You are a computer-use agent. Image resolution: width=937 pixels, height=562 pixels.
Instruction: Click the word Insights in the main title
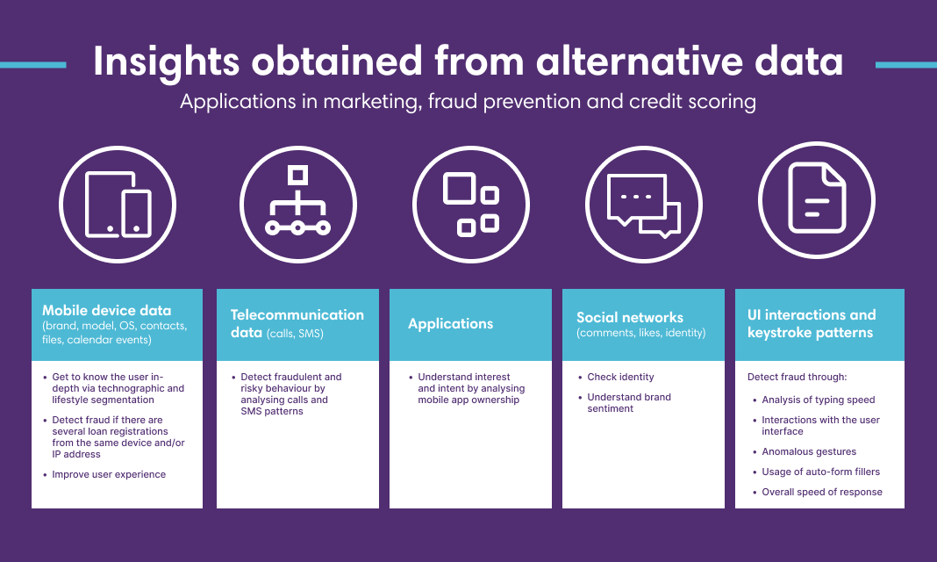[x=166, y=62]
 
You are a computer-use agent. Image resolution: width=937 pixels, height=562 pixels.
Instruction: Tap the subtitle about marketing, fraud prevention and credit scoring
[x=468, y=102]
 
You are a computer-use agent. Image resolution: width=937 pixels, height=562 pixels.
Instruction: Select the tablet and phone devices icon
[x=118, y=205]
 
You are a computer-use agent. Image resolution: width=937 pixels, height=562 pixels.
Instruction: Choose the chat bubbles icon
[x=644, y=205]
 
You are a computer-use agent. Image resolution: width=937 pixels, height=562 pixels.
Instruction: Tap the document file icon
[x=817, y=198]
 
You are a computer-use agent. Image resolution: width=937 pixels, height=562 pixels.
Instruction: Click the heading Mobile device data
[x=106, y=310]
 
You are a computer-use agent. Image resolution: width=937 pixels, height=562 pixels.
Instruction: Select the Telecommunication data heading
[x=297, y=323]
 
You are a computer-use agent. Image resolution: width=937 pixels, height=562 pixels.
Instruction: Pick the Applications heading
[x=451, y=324]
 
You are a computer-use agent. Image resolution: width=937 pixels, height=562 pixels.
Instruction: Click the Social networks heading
[x=630, y=318]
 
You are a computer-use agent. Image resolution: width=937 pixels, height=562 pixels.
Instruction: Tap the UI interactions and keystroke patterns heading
[x=812, y=323]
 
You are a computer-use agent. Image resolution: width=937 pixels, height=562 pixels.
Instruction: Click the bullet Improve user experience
[x=109, y=474]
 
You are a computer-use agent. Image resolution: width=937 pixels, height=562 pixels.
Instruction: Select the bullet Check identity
[x=620, y=377]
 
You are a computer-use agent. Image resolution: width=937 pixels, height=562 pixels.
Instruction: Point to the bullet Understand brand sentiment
[x=629, y=402]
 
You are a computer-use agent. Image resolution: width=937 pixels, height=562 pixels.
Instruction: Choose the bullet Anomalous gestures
[x=809, y=451]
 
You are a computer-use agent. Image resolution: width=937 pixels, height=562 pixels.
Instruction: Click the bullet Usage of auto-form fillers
[x=820, y=472]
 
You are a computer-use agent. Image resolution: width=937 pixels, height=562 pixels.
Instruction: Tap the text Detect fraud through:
[x=798, y=377]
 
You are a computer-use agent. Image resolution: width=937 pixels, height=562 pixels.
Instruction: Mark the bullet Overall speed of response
[x=822, y=492]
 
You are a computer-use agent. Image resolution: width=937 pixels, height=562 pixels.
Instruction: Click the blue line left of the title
[x=32, y=65]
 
